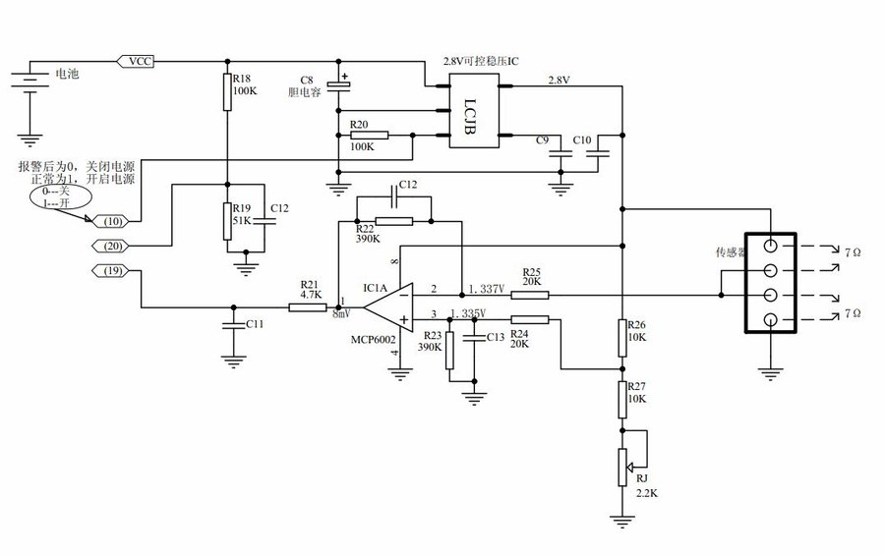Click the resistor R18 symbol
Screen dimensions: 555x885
coord(227,91)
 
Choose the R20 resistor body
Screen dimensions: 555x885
coord(368,135)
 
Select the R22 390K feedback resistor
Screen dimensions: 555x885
coord(392,221)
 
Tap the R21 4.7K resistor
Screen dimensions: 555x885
coord(308,307)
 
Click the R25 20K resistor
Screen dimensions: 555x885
coord(529,294)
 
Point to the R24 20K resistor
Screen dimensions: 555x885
coord(529,318)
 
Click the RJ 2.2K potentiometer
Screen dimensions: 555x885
coord(621,466)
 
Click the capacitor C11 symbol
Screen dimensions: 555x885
coord(233,324)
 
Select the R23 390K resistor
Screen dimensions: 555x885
coord(449,352)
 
